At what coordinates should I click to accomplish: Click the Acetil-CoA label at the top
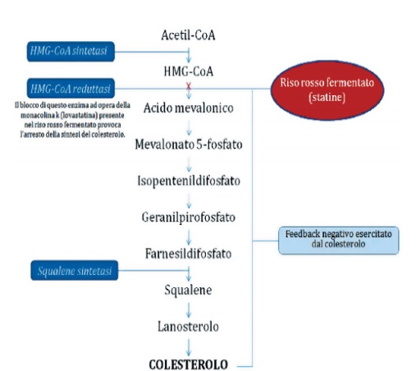point(189,35)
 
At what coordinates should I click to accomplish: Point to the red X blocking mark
point(190,86)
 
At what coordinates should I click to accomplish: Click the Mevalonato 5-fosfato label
point(190,144)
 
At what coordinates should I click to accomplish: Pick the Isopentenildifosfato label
point(190,181)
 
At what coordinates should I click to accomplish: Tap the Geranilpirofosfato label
point(190,218)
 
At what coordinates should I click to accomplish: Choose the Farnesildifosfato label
point(190,254)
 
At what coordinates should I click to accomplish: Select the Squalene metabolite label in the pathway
point(190,290)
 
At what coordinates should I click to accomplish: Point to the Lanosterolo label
point(190,327)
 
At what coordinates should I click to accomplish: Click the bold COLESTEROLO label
point(190,363)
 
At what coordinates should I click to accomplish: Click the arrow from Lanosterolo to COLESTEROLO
point(190,346)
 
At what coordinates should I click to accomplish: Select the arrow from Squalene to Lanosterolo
point(190,309)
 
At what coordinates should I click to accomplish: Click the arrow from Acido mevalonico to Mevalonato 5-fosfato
point(190,127)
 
